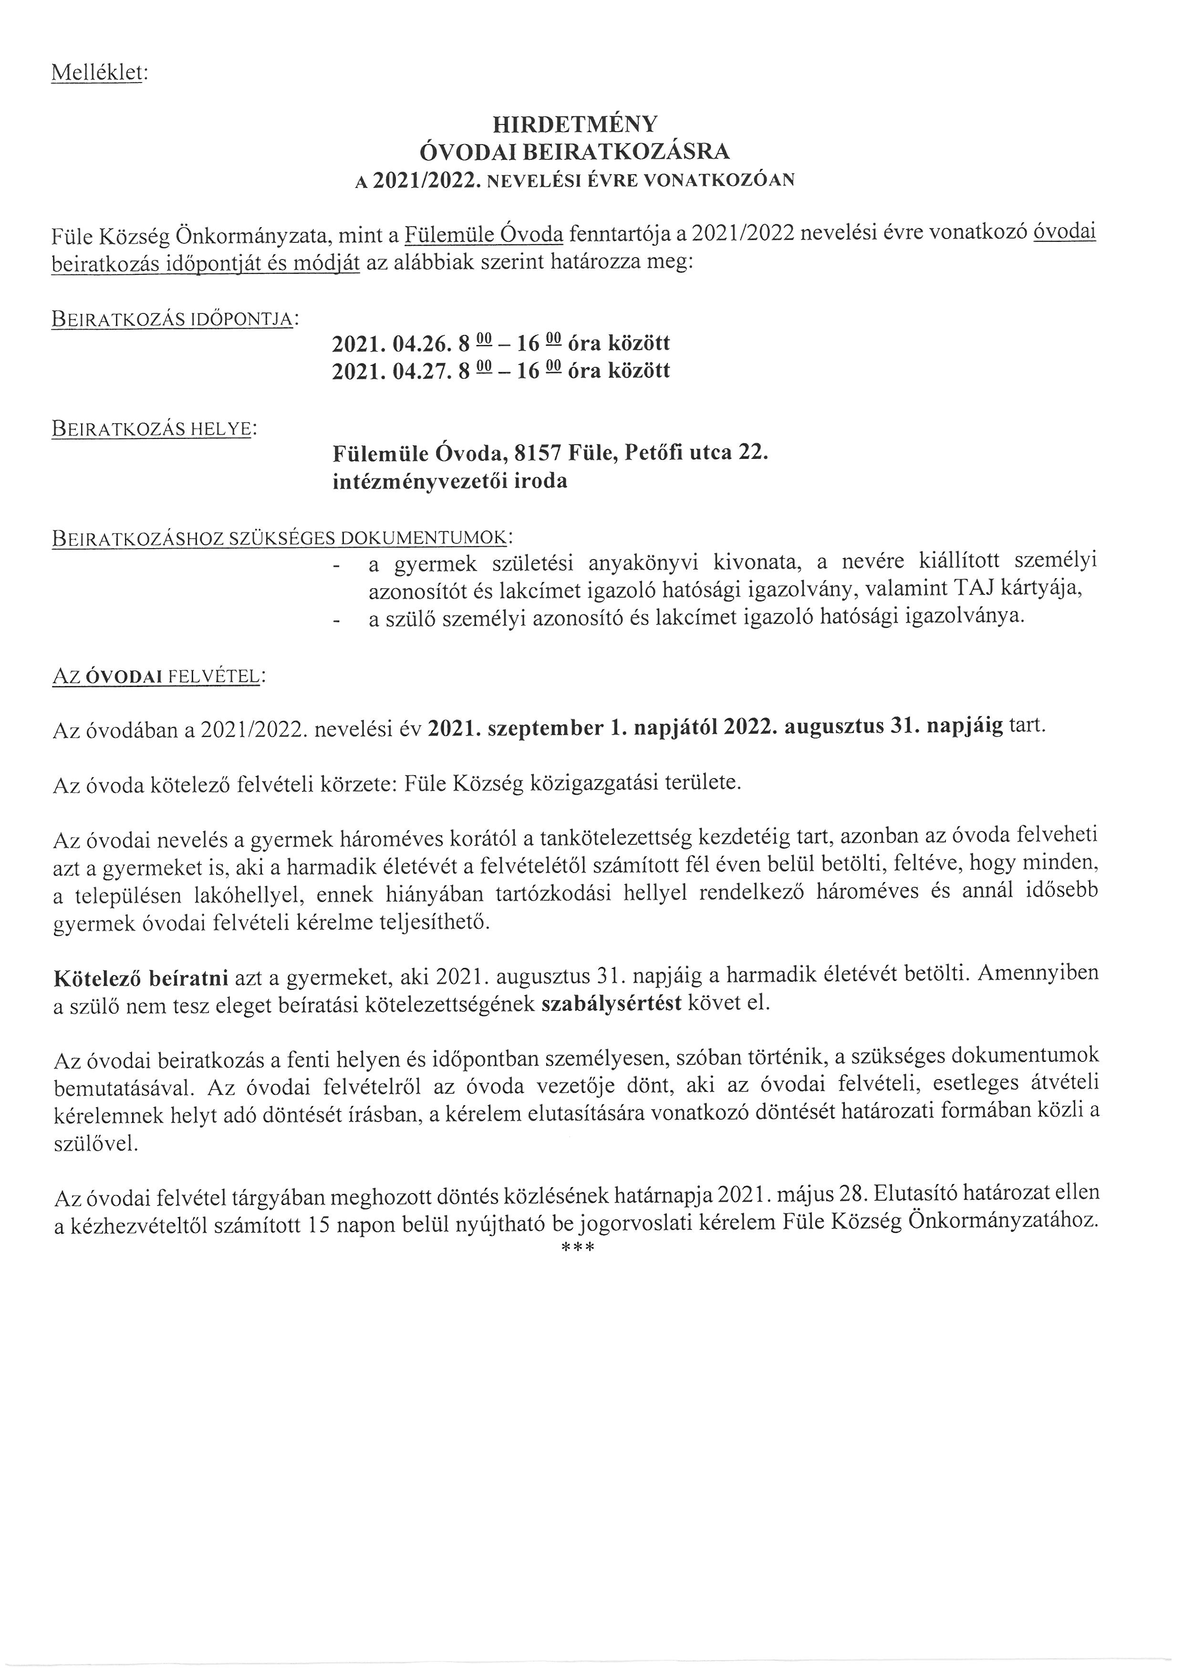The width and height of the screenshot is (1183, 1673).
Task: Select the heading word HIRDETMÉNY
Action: click(x=575, y=124)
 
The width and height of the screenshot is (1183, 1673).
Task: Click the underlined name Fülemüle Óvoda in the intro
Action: click(x=484, y=234)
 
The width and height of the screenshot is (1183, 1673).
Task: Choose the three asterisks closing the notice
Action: click(x=579, y=1249)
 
